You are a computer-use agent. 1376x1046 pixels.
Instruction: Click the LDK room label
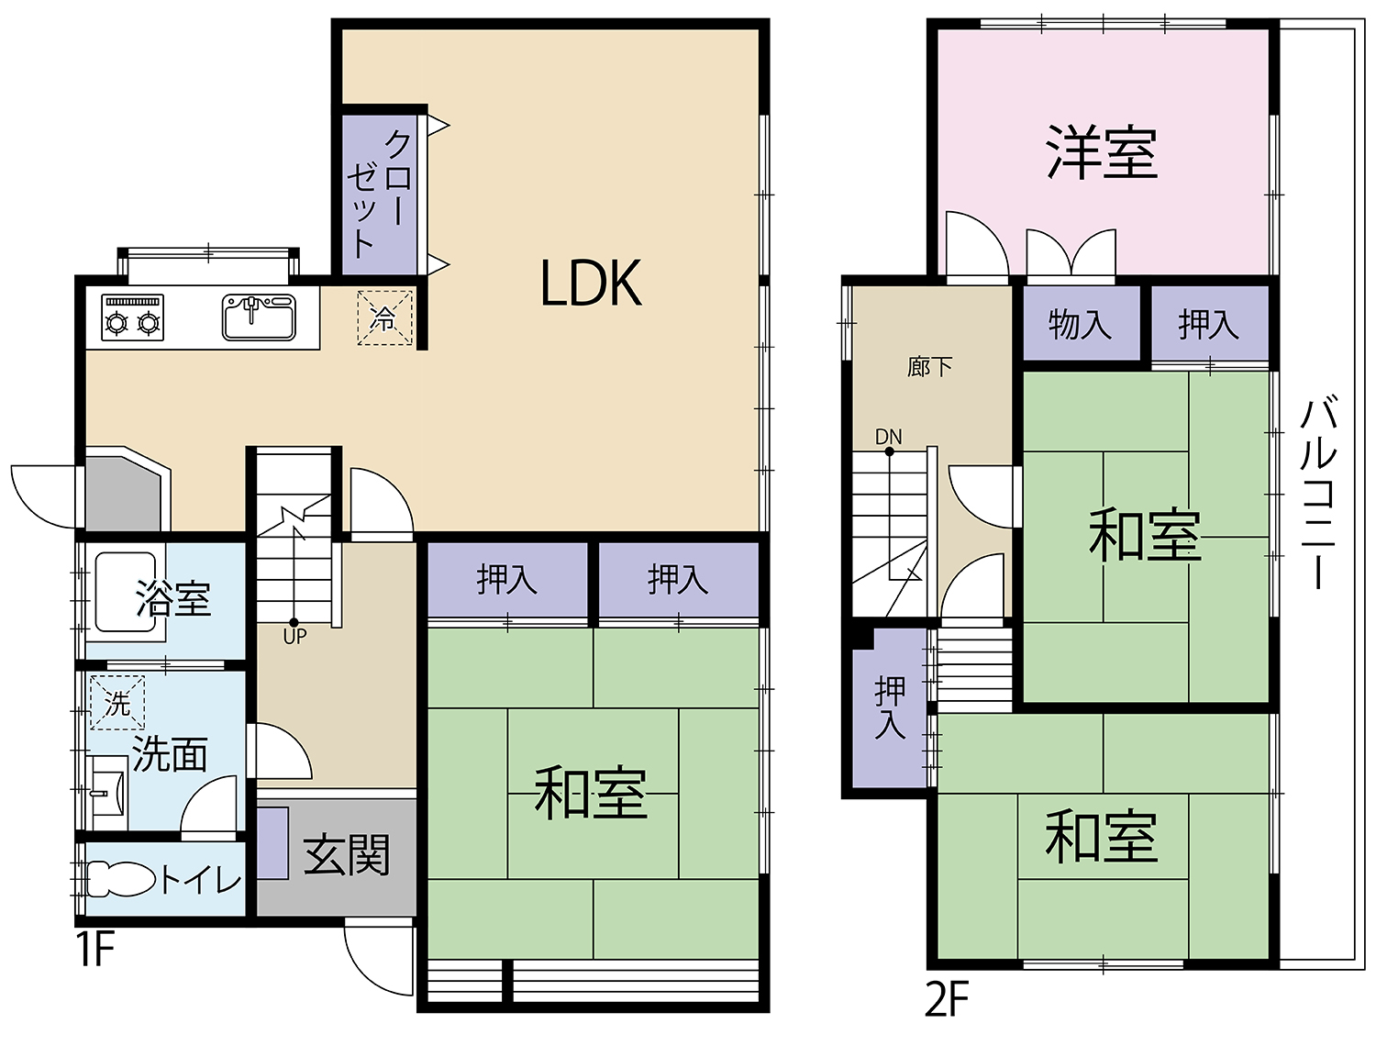pos(591,283)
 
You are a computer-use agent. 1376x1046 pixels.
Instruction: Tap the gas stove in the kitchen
pos(133,317)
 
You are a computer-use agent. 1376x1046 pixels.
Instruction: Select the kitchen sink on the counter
pos(259,317)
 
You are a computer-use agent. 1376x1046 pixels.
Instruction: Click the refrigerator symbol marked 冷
pos(384,318)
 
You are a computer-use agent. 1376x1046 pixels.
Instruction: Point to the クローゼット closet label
pos(380,193)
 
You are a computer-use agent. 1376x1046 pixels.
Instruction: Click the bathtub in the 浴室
pos(126,592)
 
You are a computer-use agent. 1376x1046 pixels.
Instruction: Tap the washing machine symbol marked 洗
pos(117,703)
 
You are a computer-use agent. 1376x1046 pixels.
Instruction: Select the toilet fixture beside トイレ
pos(122,879)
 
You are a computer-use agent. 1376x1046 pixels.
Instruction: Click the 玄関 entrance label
pos(347,854)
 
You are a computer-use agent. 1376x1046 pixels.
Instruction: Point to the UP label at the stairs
pos(294,636)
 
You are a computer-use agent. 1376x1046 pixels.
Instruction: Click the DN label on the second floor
pos(888,437)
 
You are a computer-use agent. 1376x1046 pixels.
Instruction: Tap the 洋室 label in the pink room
pos(1102,152)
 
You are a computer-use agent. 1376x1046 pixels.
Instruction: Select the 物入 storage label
pos(1080,324)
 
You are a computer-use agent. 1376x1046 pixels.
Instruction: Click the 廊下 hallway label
pos(929,367)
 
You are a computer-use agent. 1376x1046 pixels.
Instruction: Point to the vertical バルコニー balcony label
pos(1318,491)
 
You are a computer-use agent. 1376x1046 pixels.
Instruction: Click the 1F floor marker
pos(94,949)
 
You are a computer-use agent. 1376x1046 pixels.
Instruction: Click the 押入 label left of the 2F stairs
pos(889,707)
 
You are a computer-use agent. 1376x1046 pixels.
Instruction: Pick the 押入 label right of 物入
pos(1208,324)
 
